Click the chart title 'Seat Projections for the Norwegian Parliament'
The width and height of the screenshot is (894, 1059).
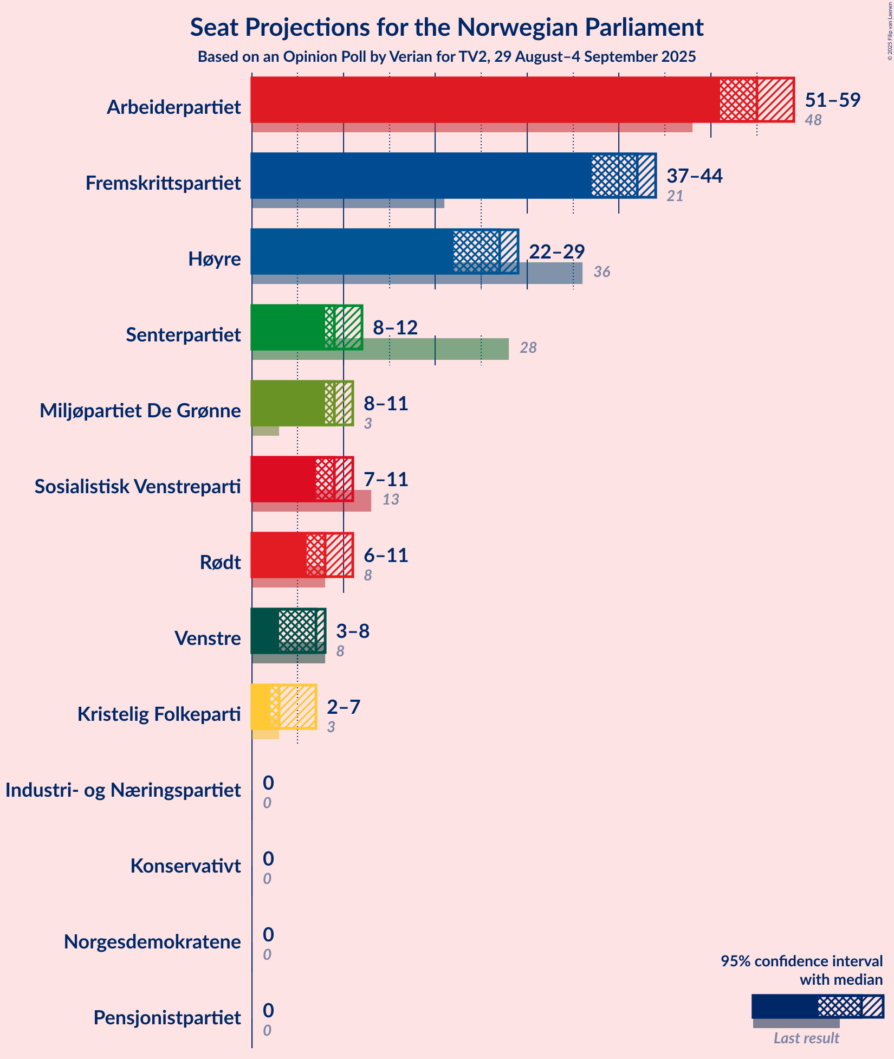[x=446, y=28]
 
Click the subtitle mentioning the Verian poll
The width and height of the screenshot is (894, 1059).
[x=446, y=57]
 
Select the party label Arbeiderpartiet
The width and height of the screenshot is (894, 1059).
[x=173, y=107]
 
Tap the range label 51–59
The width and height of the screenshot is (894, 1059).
[x=832, y=100]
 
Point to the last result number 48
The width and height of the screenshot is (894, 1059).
[x=813, y=120]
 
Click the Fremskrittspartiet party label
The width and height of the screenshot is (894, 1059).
[x=163, y=183]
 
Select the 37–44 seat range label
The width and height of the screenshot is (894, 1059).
[x=694, y=176]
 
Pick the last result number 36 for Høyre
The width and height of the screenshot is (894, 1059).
[x=601, y=272]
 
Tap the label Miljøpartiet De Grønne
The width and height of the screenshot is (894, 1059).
[x=140, y=411]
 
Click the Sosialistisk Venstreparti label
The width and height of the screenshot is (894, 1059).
[x=138, y=487]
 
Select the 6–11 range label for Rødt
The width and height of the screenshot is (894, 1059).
[x=385, y=555]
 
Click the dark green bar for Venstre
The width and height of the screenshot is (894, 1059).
[x=265, y=631]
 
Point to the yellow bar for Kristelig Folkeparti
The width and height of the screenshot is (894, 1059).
[x=261, y=707]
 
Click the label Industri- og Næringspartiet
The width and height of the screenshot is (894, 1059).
[x=123, y=790]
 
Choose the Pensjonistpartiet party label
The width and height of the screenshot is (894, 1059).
[x=167, y=1018]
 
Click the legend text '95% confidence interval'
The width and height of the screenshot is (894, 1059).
[x=801, y=961]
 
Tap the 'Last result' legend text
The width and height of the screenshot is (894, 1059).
[x=806, y=1038]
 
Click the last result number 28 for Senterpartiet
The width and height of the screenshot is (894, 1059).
[x=528, y=348]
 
